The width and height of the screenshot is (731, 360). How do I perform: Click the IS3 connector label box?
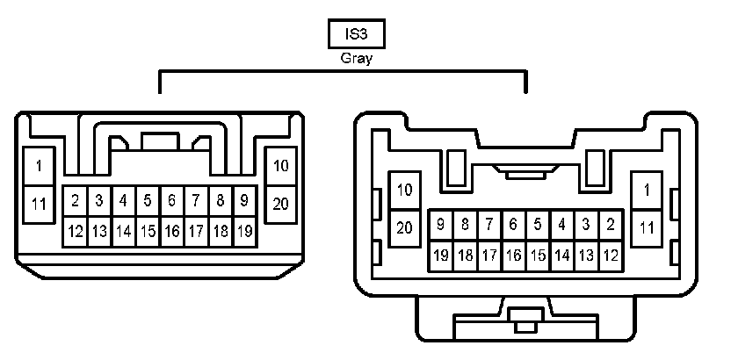[356, 34]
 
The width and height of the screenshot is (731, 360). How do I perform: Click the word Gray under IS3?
[356, 60]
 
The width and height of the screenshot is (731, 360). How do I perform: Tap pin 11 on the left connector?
[39, 204]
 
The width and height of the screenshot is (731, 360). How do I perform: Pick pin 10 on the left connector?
[281, 165]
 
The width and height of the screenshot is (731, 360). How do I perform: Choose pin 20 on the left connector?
[281, 204]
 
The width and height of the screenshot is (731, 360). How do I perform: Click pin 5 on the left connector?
[148, 201]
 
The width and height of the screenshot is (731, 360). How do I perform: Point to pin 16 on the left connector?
[172, 232]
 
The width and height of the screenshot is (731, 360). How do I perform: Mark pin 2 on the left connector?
[76, 201]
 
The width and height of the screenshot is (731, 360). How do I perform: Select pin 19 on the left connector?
[245, 232]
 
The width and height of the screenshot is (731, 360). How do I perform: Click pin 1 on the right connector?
[647, 189]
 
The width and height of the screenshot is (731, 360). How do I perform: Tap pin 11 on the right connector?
[647, 227]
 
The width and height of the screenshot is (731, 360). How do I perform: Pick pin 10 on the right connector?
[404, 189]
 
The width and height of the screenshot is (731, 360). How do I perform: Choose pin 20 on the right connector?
[404, 227]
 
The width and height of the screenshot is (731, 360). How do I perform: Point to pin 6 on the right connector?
[513, 225]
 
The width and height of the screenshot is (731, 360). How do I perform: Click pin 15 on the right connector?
[538, 256]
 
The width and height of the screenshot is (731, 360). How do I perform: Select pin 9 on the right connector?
[440, 225]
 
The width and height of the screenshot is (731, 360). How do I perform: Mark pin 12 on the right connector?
[610, 256]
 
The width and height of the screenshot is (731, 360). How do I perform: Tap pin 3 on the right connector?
[586, 225]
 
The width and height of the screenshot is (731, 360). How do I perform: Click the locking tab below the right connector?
[525, 321]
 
